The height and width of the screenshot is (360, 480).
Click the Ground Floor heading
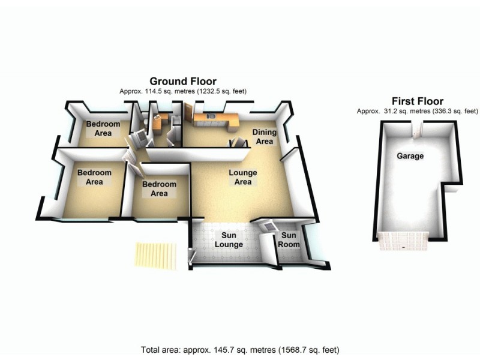coord(183,81)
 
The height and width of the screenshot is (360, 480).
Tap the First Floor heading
coord(417,101)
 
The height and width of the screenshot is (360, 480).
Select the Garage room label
coord(410,156)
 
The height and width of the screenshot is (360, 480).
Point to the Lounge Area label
coord(242,177)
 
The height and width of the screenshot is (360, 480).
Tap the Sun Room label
coord(289,240)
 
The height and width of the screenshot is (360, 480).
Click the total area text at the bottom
coord(240,349)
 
